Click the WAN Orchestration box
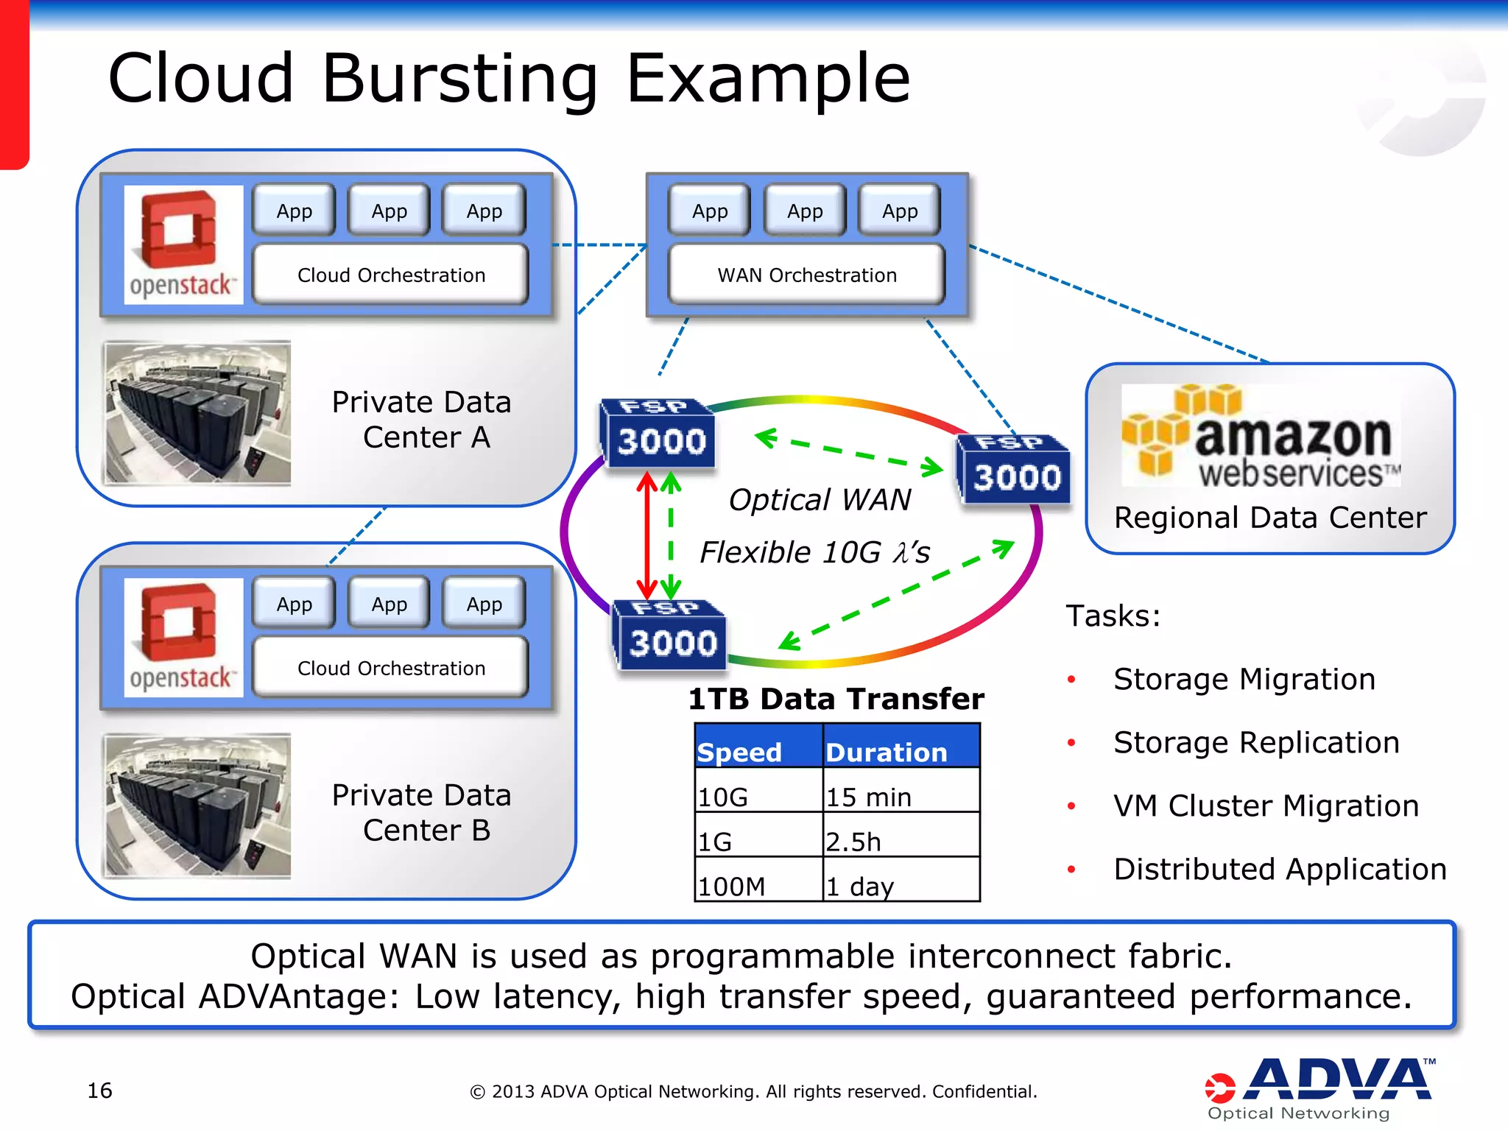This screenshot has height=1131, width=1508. point(806,275)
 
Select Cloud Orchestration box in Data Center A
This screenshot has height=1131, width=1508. point(391,275)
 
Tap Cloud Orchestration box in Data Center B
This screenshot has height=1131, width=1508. point(391,668)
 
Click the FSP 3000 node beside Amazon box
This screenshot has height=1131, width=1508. point(1014,470)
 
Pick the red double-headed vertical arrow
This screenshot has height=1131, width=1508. point(646,536)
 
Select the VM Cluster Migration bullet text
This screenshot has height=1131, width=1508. point(1266,806)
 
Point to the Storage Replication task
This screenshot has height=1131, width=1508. point(1256,742)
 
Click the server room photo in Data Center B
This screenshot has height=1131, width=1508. point(197,806)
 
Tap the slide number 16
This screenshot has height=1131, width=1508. point(99,1091)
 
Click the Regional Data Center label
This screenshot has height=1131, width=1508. point(1270,518)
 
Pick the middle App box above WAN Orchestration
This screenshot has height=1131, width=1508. point(805,211)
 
